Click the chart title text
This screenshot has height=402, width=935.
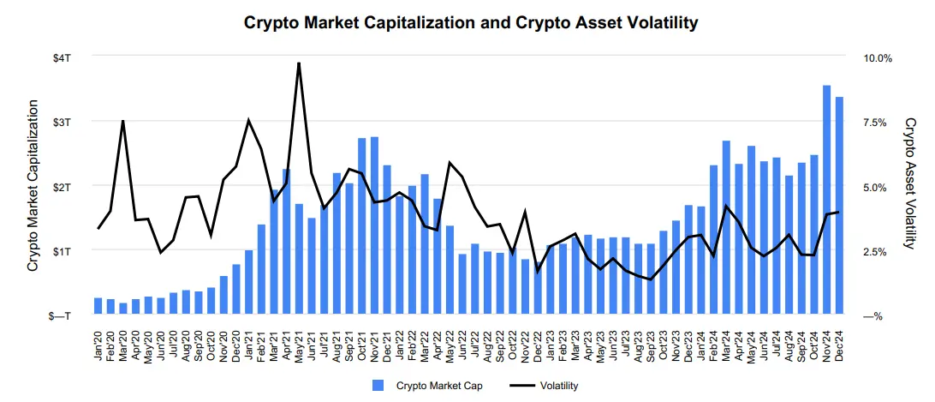(471, 23)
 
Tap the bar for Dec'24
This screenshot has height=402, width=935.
(839, 206)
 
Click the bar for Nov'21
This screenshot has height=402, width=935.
(374, 225)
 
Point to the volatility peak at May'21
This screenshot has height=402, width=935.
(299, 63)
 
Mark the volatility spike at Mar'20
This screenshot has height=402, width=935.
(123, 121)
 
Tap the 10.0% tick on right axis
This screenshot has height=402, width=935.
(878, 57)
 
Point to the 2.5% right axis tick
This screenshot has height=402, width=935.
(878, 251)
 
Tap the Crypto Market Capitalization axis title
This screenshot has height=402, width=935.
(33, 186)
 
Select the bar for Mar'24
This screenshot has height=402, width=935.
(726, 228)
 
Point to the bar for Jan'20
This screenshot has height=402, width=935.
(98, 306)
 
